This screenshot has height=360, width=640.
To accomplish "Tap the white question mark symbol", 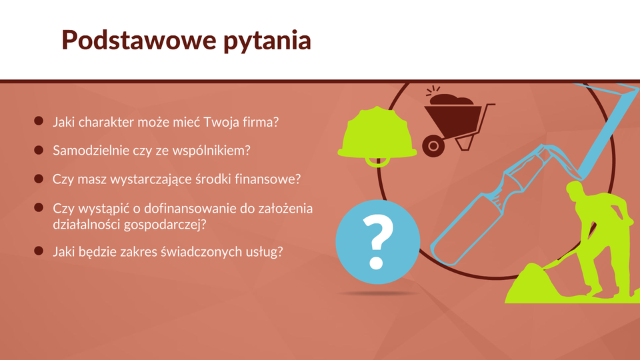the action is pos(377,241).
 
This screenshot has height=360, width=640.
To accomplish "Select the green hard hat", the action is pos(377,136).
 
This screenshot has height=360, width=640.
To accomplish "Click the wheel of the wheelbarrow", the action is pos(433,146).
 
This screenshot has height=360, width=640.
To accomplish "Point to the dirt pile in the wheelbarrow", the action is pos(452,99).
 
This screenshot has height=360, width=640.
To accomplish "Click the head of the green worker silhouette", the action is pos(575,189).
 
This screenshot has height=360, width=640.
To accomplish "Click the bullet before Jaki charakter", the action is pos(39,121).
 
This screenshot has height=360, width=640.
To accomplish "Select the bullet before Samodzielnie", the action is pos(39,150).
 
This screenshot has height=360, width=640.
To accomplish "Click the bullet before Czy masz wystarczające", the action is pos(39,179).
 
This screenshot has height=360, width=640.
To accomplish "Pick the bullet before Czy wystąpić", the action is pos(39,207).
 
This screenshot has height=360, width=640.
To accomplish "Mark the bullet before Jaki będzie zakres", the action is pos(39,251).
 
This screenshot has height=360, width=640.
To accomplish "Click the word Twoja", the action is pos(219,122).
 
